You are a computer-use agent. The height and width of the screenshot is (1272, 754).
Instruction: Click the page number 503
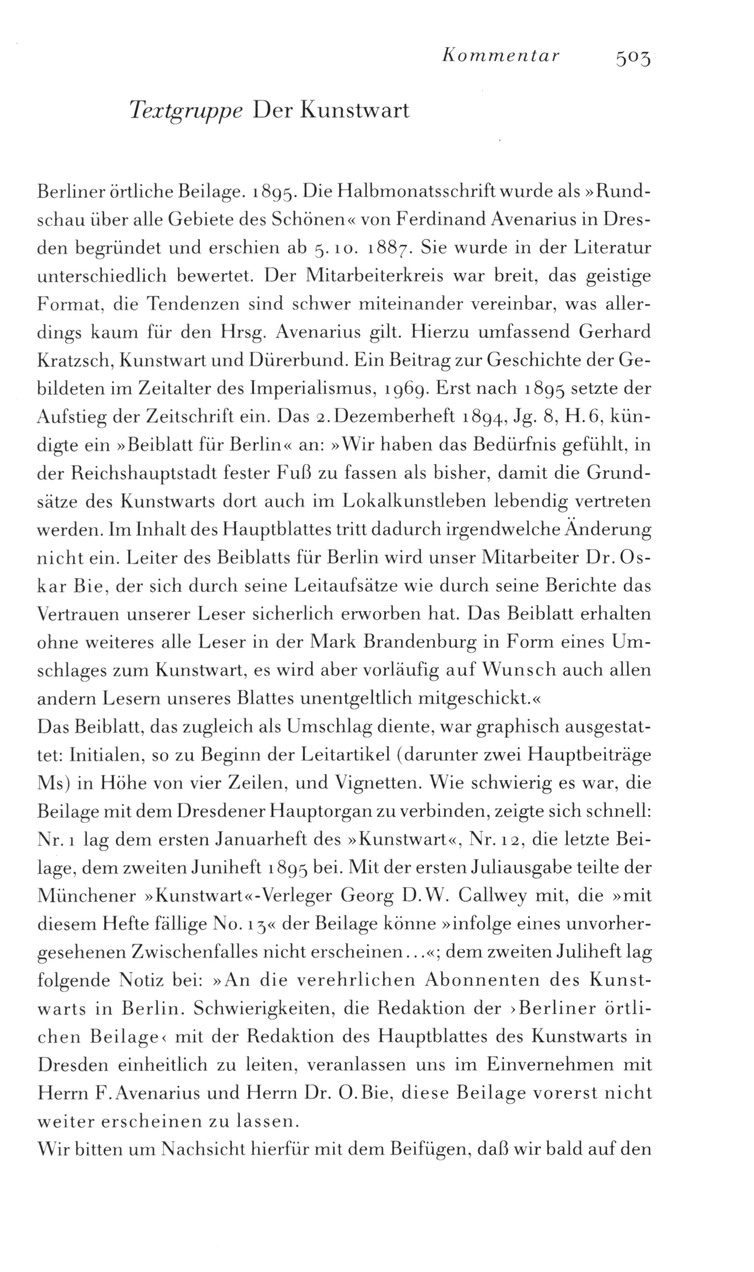click(x=632, y=58)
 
